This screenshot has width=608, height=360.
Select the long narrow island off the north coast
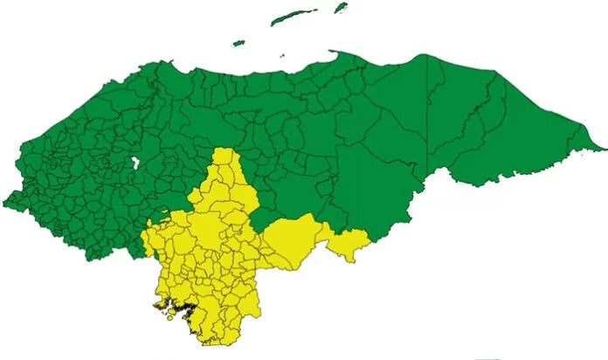click(x=293, y=17)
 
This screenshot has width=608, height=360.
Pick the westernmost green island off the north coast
click(x=238, y=42)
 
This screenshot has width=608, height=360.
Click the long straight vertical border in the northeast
click(x=428, y=96)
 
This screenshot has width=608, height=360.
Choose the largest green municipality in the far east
click(x=524, y=114)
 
